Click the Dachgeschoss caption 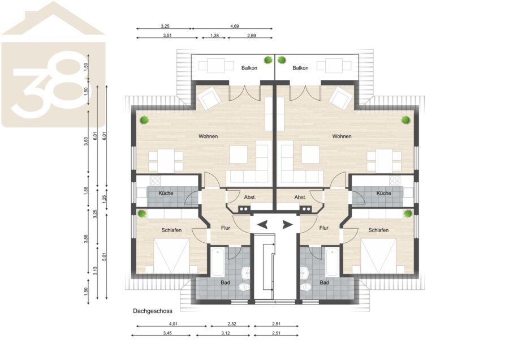153,311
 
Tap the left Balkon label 249,68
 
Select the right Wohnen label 342,136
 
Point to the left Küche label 166,194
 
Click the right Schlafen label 378,230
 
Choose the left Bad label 225,282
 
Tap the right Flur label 324,228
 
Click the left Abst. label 250,198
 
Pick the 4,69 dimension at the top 234,26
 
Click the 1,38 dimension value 214,36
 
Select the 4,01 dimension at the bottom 174,324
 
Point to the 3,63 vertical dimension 86,142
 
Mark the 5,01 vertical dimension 104,256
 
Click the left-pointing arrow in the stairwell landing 262,225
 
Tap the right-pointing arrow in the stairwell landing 287,225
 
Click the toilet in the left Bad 244,287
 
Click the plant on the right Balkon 282,60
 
